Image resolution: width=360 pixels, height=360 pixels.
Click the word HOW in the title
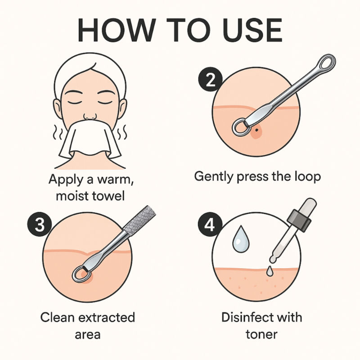coord(117,30)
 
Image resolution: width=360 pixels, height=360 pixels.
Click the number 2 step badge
coord(210,80)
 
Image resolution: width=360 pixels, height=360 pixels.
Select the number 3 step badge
coord(40,224)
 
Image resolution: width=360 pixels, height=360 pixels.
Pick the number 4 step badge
coord(210,224)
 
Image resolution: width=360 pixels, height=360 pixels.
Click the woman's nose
coord(90,116)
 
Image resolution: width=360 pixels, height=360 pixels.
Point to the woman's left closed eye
coord(105,102)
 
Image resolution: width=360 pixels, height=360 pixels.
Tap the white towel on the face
coord(90,139)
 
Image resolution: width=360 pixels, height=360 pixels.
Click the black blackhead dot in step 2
coord(256,130)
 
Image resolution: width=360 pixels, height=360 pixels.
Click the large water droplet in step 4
coord(240,239)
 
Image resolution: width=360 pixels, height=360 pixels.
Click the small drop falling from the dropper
coord(269,271)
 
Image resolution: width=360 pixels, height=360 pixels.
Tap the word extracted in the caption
coord(107,317)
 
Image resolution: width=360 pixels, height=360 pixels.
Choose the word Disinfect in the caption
coord(245,317)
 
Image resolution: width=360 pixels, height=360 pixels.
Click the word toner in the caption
coord(261,334)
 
